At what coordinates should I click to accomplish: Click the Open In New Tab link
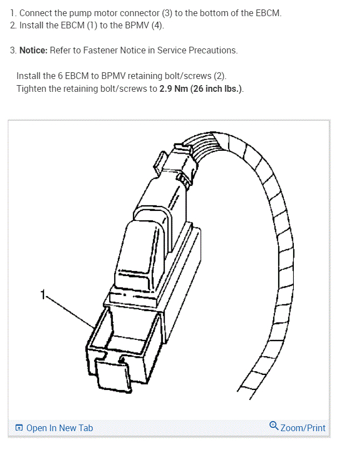coord(59,428)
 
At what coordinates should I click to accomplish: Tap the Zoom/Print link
coord(303,428)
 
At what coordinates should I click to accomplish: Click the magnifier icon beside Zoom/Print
coord(273,426)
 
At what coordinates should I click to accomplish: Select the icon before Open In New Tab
coord(19,428)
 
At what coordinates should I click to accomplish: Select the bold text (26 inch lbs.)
coord(217,88)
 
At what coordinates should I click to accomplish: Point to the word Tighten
coord(31,88)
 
